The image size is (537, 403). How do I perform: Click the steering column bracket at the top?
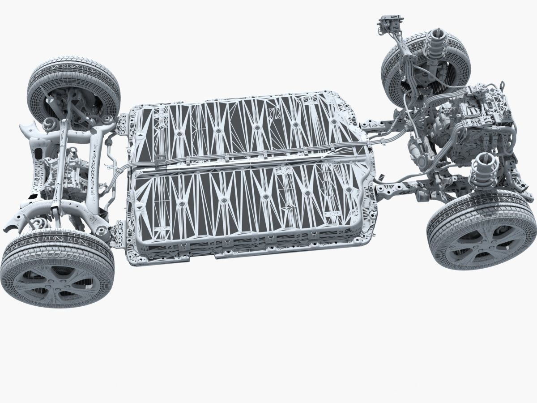pos(391,22)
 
